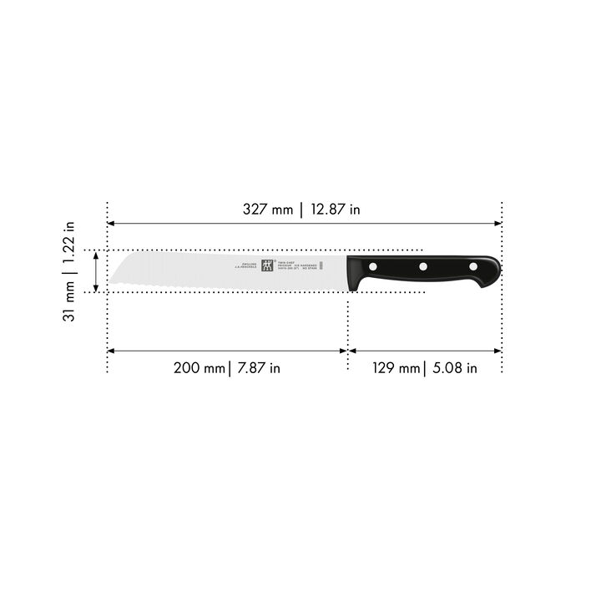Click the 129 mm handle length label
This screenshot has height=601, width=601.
(x=395, y=368)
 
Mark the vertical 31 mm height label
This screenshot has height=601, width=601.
(x=71, y=300)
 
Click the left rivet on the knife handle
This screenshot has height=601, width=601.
(x=374, y=266)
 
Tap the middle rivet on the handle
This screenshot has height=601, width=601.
(x=423, y=266)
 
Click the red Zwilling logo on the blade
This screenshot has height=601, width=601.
(x=267, y=266)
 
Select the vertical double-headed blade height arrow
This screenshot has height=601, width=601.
(x=97, y=270)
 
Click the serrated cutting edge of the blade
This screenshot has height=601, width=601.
(x=209, y=286)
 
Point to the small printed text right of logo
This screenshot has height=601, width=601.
(x=295, y=266)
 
